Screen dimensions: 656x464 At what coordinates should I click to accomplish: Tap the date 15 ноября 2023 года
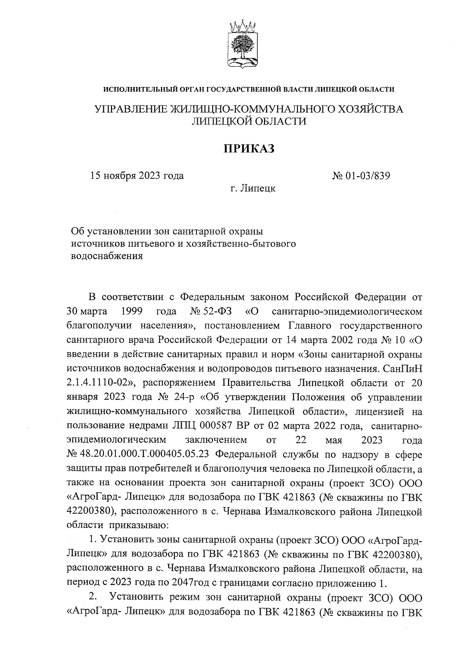click(x=137, y=176)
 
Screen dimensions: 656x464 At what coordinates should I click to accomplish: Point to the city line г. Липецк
click(x=253, y=189)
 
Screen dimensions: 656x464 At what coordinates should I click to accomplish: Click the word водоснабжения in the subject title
click(x=107, y=256)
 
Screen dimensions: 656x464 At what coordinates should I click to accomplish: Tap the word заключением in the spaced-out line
click(x=216, y=440)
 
